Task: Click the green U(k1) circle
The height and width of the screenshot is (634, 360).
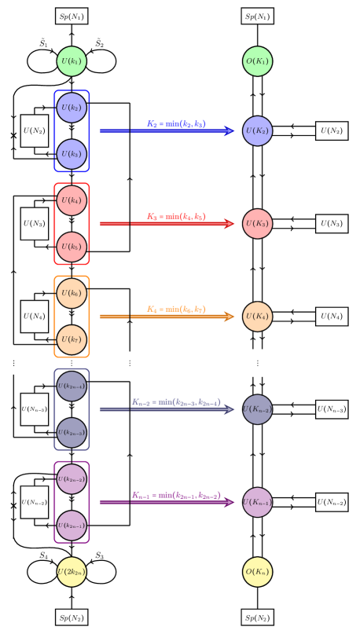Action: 72,61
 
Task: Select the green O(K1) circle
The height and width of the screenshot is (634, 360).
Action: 258,61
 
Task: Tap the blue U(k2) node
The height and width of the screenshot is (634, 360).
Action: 72,108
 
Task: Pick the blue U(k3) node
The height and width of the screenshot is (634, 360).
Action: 72,154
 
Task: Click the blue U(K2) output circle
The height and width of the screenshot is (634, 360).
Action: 258,131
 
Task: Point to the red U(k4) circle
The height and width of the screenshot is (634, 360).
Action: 72,200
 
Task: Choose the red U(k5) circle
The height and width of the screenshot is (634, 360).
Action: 72,247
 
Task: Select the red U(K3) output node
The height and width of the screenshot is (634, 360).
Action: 258,224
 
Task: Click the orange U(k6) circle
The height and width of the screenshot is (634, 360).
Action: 72,293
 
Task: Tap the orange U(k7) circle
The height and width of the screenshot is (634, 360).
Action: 72,339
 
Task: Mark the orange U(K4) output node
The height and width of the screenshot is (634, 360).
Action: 258,317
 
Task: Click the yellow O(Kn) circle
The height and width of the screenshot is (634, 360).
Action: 258,572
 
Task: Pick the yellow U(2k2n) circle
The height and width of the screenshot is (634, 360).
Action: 72,572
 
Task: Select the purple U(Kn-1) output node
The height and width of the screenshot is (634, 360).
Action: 258,502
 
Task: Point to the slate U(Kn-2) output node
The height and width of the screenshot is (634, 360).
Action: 258,409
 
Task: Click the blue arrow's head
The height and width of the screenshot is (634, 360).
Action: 230,131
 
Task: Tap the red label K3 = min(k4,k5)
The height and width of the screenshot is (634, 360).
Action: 176,216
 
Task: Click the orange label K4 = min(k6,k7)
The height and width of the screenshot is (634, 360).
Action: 176,309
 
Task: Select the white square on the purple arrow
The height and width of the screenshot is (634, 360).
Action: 95,502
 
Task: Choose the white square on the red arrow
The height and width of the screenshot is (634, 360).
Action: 95,224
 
